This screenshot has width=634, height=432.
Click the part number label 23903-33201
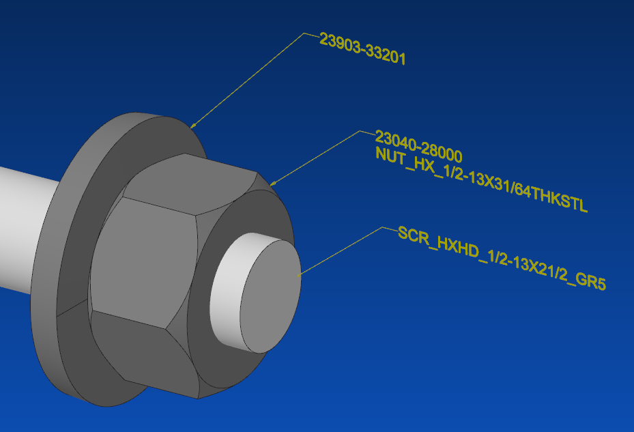[x=362, y=49]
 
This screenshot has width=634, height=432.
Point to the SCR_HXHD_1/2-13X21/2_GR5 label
[x=502, y=257]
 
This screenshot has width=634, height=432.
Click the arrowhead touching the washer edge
[x=193, y=125]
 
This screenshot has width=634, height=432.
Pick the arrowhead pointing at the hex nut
[x=273, y=183]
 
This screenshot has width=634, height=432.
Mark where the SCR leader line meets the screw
[x=301, y=274]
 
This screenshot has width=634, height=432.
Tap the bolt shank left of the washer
[x=27, y=225]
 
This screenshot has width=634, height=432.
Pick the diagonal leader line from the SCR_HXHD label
[x=341, y=250]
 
